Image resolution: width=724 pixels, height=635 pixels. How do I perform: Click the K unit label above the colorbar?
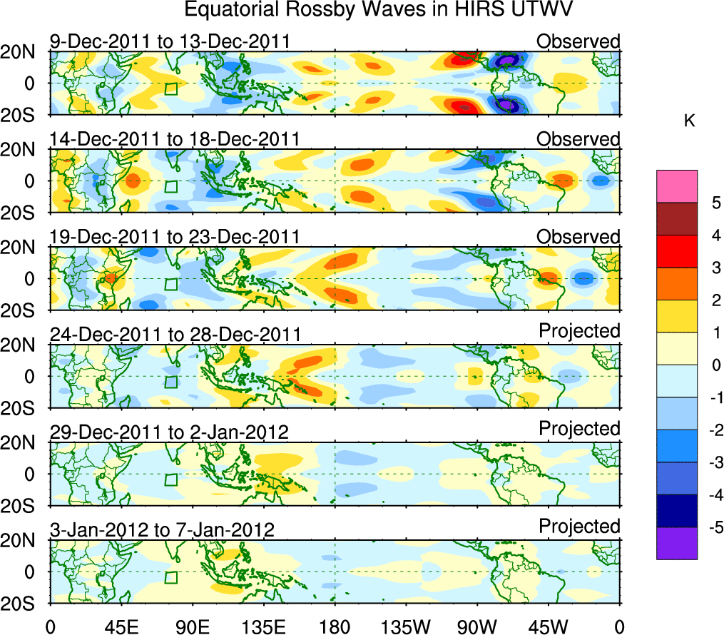coord(689,122)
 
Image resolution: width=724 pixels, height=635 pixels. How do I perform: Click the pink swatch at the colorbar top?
coord(677,186)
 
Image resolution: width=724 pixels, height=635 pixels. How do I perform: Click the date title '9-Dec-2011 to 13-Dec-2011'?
coord(170,41)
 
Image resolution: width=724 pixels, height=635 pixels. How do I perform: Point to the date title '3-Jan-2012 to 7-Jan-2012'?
coord(162,529)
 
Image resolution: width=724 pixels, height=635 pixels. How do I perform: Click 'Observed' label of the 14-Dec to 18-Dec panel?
coord(578,139)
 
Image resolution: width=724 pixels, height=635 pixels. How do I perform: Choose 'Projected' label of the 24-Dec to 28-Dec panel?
coord(579,332)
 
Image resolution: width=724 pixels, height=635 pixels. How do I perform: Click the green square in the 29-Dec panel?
coord(170,479)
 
